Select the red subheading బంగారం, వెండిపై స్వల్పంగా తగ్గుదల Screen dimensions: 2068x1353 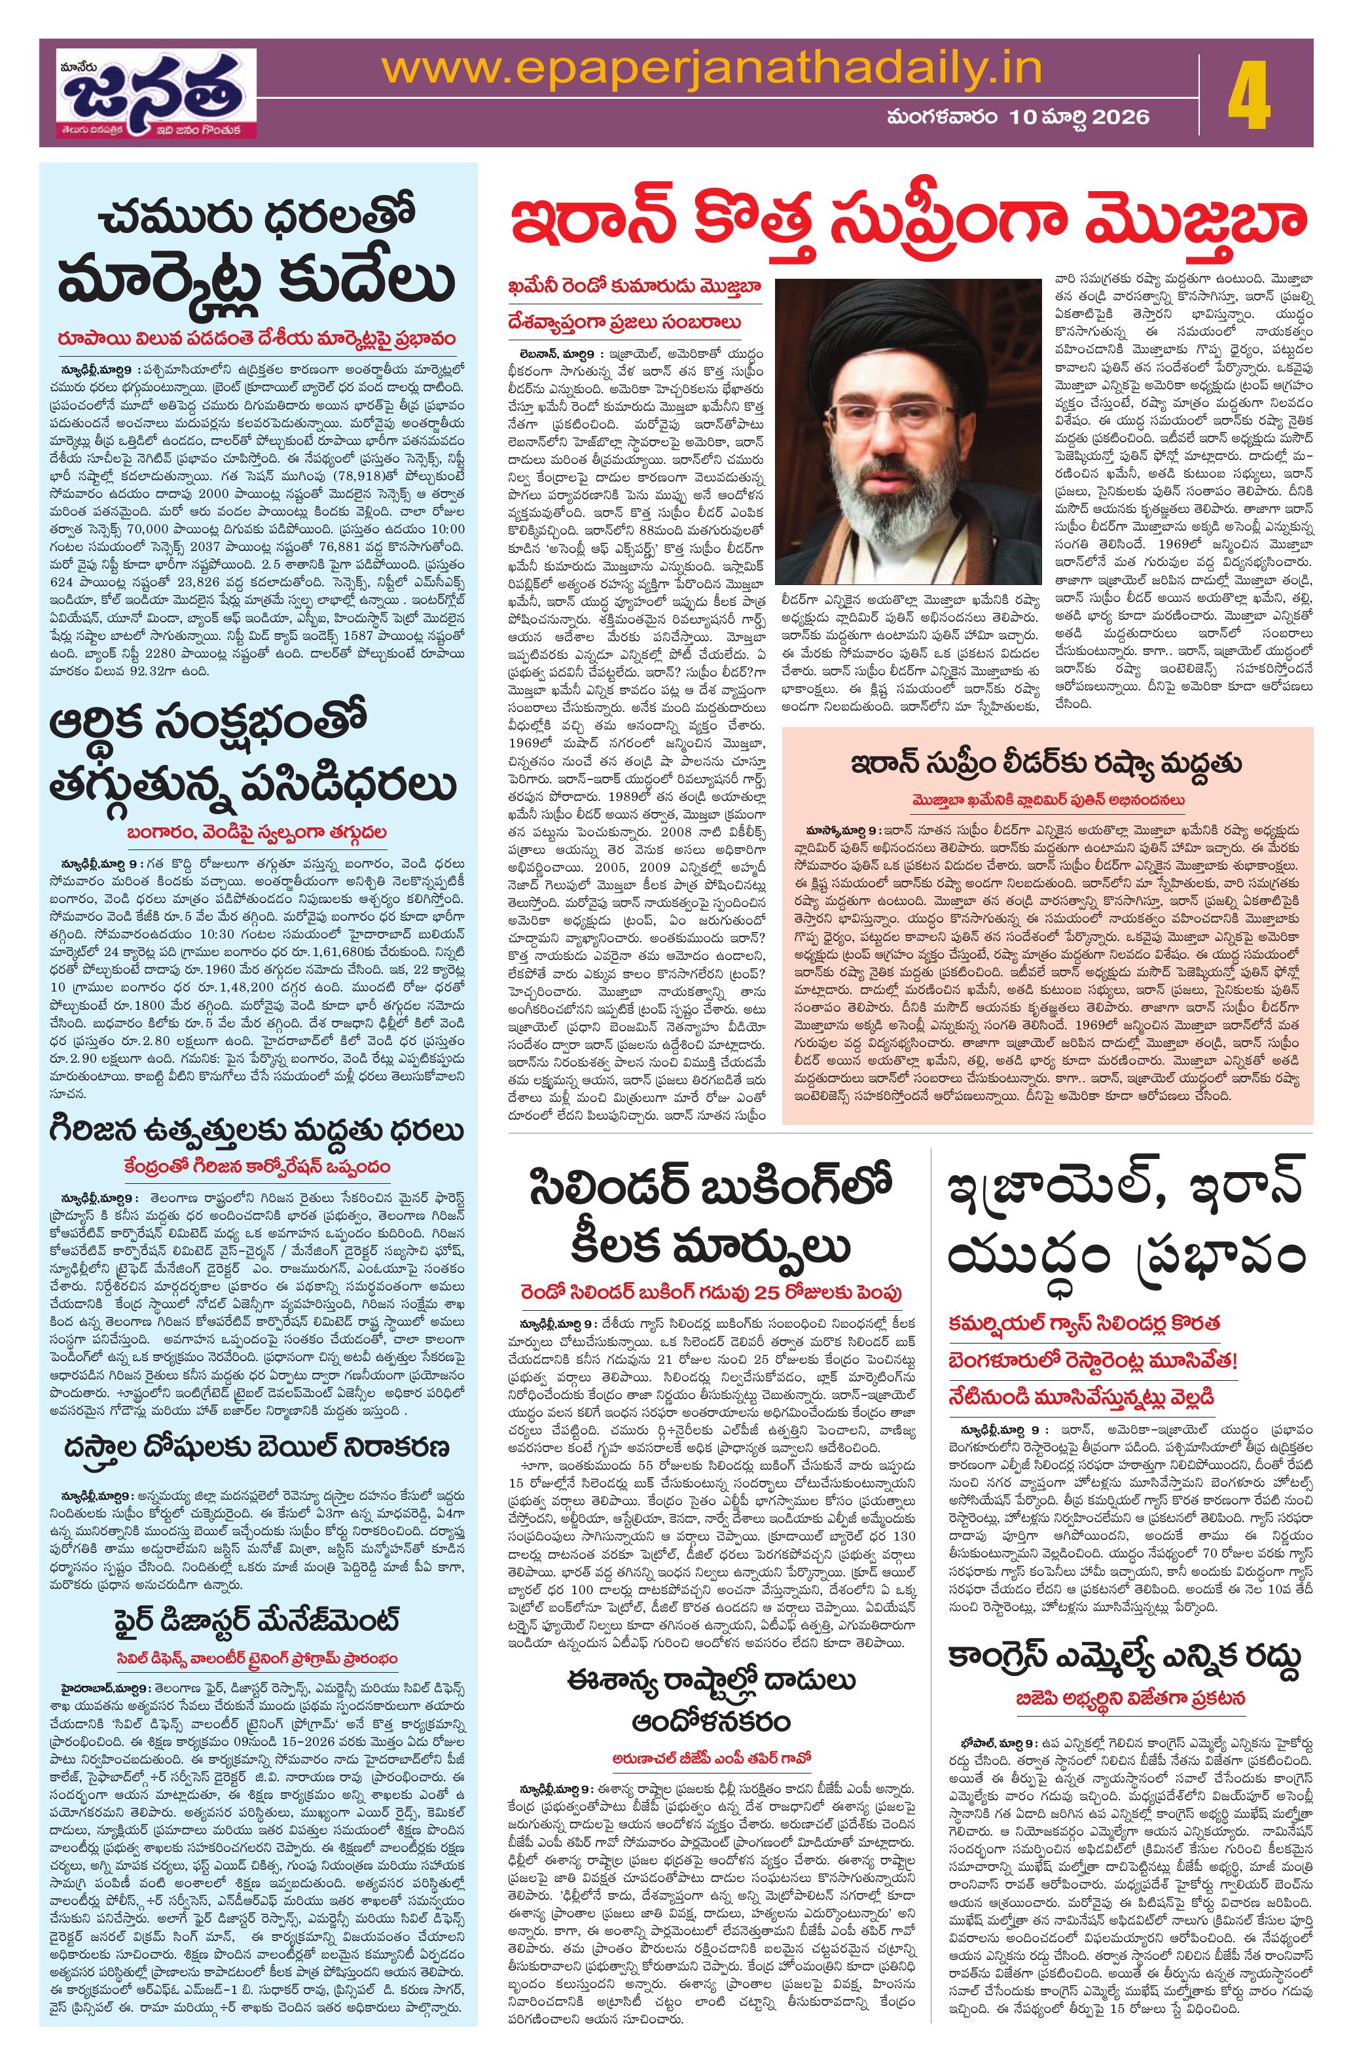[255, 832]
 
